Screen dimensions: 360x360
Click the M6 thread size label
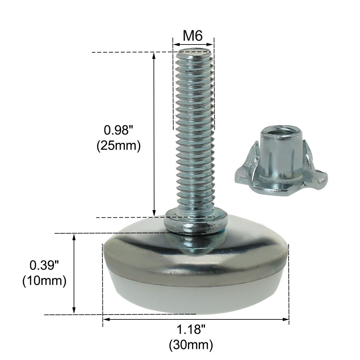click(193, 35)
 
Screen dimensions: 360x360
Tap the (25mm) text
click(118, 145)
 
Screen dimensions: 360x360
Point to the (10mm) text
click(44, 280)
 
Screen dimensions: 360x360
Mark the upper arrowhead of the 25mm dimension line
click(154, 56)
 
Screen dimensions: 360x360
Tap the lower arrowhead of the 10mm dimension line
click(74, 311)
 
